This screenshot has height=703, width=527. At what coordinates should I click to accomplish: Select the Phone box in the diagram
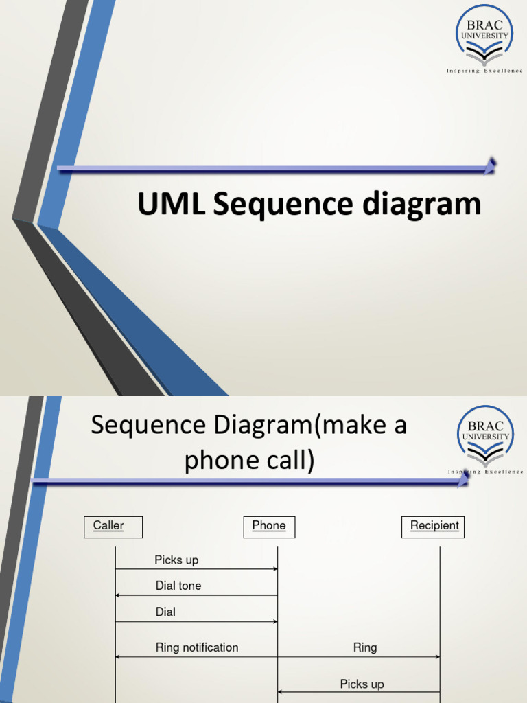pos(269,527)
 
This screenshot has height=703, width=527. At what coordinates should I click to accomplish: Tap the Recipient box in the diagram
pos(433,527)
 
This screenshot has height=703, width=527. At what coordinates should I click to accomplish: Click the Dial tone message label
pos(178,586)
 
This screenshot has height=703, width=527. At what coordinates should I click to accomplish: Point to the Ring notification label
pos(197,647)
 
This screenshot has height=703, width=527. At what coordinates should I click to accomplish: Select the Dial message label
pos(165,612)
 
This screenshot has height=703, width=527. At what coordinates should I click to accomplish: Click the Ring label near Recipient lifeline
pos(365,647)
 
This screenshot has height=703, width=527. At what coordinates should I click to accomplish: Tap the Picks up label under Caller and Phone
pos(176,560)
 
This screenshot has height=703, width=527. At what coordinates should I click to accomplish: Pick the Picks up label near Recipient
pos(362,684)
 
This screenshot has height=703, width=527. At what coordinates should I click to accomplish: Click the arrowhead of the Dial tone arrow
pos(118,595)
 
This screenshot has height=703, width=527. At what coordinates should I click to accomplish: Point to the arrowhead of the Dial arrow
pos(274,621)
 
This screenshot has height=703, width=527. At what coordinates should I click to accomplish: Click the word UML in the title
pos(171,205)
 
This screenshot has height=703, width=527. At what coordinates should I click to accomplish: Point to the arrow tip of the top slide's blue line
pos(491,165)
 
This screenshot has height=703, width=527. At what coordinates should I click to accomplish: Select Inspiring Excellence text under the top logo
pos(484,71)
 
